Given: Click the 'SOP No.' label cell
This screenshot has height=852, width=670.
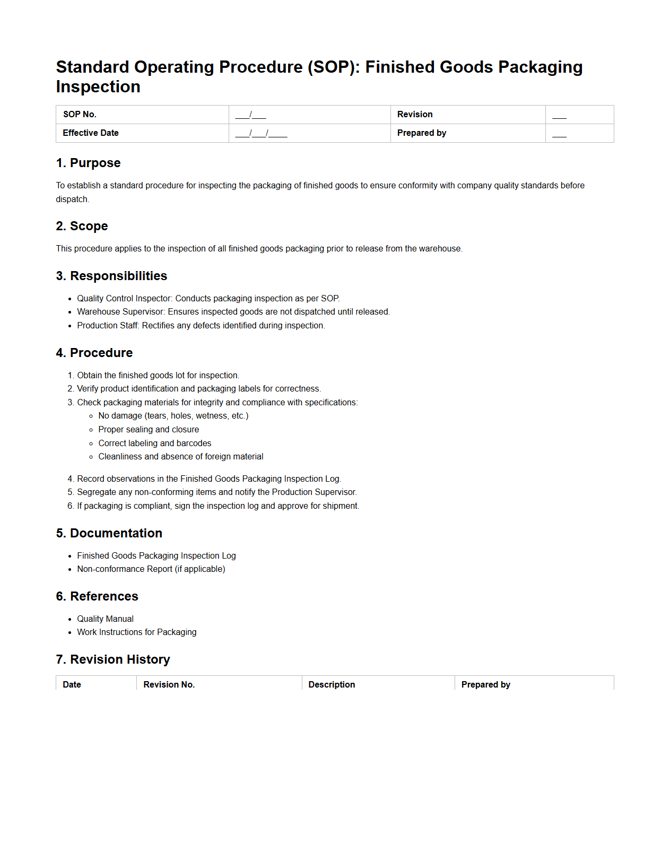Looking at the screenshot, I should pyautogui.click(x=80, y=115).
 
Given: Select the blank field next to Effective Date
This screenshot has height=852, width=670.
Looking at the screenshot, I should pyautogui.click(x=261, y=133).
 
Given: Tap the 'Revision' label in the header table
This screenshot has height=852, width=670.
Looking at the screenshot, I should pyautogui.click(x=415, y=115).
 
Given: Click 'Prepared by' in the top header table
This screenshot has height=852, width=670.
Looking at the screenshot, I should pyautogui.click(x=422, y=133).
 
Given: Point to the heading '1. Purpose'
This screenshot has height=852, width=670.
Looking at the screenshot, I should pyautogui.click(x=89, y=163).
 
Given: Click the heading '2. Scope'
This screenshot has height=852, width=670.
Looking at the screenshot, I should pyautogui.click(x=82, y=226).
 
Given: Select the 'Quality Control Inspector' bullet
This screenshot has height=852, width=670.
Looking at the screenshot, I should pyautogui.click(x=208, y=299).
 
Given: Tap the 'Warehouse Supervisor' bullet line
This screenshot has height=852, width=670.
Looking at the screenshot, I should pyautogui.click(x=233, y=312).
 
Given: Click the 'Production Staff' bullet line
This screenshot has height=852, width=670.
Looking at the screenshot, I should pyautogui.click(x=201, y=326).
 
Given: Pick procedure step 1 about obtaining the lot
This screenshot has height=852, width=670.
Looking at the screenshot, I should pyautogui.click(x=158, y=376).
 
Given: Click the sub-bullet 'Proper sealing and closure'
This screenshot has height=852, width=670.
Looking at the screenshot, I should pyautogui.click(x=149, y=430).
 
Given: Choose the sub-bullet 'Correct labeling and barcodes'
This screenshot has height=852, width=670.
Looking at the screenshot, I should pyautogui.click(x=154, y=444).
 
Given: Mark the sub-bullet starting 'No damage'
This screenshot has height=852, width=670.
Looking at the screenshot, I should pyautogui.click(x=173, y=416).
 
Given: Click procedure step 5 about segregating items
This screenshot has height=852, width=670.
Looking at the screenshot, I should pyautogui.click(x=216, y=492).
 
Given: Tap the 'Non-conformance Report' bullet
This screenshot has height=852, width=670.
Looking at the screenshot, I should pyautogui.click(x=151, y=569).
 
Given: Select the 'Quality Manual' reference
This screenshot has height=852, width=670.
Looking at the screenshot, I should pyautogui.click(x=105, y=619).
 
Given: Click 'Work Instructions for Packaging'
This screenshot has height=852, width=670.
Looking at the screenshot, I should pyautogui.click(x=136, y=632).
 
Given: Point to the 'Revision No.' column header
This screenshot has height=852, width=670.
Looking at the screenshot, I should pyautogui.click(x=169, y=685).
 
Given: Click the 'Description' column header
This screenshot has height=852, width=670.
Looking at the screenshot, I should pyautogui.click(x=332, y=685).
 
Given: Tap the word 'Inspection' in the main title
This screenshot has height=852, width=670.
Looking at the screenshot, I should pyautogui.click(x=98, y=87).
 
